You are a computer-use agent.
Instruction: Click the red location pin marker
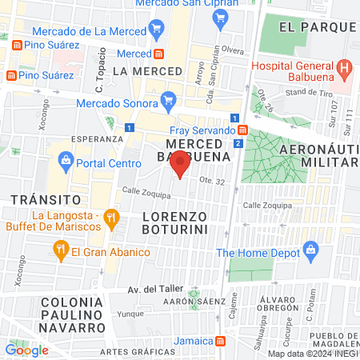[181, 164]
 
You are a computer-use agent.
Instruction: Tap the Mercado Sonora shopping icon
[167, 100]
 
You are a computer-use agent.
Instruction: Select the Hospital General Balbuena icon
[343, 67]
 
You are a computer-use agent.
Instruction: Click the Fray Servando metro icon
[242, 130]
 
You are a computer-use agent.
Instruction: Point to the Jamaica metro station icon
[221, 341]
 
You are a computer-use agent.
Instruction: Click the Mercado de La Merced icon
[156, 31]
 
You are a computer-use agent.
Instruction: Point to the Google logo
[26, 350]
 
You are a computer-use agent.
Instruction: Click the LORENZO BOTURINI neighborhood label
[174, 223]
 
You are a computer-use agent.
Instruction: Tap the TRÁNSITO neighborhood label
[43, 198]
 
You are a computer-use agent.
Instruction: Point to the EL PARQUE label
[317, 26]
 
